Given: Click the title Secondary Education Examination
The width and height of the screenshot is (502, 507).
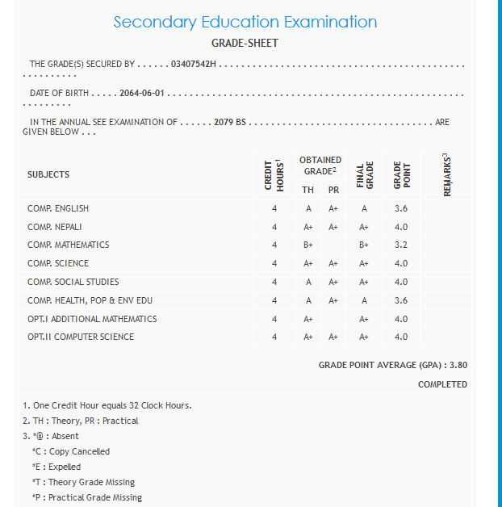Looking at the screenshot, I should click(x=245, y=22).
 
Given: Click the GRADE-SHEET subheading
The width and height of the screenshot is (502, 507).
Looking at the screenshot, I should click(x=245, y=42).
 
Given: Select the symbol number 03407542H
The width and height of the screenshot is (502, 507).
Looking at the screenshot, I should click(x=195, y=64).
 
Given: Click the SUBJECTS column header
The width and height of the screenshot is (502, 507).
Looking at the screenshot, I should click(x=48, y=174).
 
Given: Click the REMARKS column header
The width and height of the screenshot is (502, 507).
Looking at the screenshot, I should click(x=447, y=174).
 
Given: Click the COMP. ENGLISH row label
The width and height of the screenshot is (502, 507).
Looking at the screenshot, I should click(x=58, y=208).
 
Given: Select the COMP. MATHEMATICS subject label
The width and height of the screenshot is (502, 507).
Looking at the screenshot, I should click(x=69, y=245).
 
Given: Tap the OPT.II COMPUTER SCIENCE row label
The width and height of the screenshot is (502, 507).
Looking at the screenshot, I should click(x=81, y=337).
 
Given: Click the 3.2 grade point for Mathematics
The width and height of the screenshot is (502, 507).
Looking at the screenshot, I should click(x=401, y=245).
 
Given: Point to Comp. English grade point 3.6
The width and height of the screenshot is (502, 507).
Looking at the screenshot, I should click(x=401, y=208).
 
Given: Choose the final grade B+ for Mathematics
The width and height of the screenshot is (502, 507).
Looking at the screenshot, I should click(x=364, y=245).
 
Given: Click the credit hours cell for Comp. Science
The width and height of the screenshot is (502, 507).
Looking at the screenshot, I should click(x=274, y=263).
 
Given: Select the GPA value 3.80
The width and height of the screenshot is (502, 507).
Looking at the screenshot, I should click(x=458, y=365).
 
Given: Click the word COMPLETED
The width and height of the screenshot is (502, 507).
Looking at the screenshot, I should click(x=442, y=384).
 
